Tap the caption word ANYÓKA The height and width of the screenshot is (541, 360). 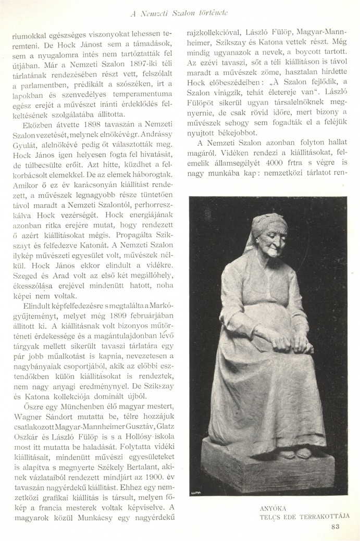[273, 507]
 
